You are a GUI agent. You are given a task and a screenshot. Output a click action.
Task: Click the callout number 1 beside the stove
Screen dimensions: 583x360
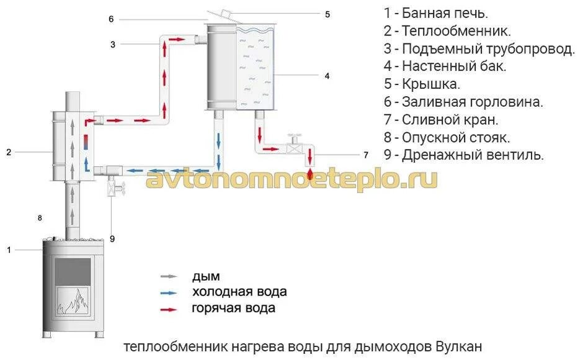point(9,250)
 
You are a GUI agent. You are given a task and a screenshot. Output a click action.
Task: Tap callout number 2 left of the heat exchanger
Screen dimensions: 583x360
point(9,151)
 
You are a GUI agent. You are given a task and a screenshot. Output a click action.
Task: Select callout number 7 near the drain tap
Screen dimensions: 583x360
point(366,154)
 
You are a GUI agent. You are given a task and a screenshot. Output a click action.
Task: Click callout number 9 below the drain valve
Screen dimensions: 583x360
point(112,238)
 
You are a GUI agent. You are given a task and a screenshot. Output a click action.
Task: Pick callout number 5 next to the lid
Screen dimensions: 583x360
point(327,14)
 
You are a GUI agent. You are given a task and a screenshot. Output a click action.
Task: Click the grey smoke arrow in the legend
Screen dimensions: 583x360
point(168,276)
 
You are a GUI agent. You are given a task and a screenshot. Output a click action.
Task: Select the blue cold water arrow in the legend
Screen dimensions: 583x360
point(168,292)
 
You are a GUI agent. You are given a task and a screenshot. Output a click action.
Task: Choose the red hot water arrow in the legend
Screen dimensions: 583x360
point(168,308)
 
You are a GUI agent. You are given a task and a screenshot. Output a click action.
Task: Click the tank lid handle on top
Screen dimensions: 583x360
point(225,14)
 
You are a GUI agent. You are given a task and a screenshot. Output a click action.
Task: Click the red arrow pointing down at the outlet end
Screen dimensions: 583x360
point(309,172)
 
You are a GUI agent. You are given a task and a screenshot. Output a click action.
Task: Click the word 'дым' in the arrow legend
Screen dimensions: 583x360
point(206,276)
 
